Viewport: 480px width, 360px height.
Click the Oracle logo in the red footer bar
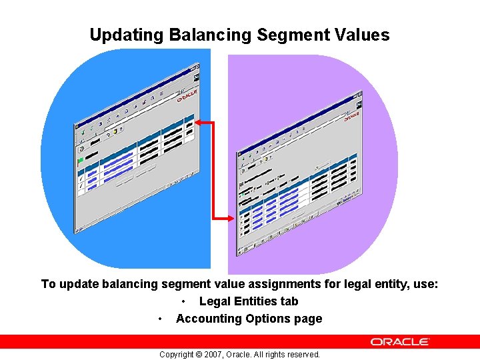(401, 341)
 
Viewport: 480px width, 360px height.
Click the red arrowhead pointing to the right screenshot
(229, 217)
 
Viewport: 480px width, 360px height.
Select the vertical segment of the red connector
(213, 170)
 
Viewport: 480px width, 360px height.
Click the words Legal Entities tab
(249, 301)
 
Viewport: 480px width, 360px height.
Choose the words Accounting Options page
(249, 319)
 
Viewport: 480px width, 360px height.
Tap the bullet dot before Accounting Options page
(160, 319)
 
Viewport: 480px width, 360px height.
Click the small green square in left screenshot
(81, 160)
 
